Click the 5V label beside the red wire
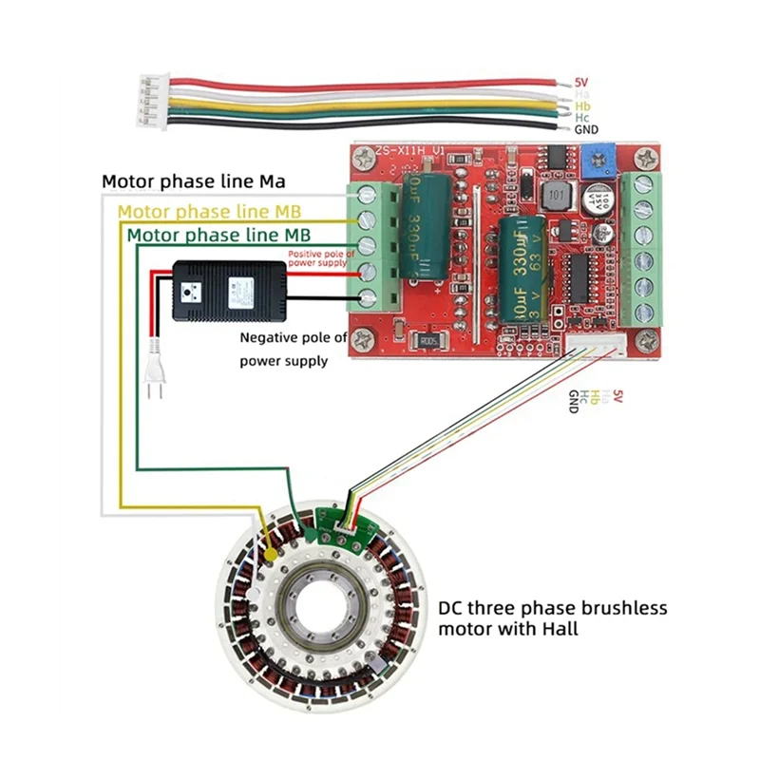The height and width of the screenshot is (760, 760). coord(581,83)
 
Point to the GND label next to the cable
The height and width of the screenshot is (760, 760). coord(586,128)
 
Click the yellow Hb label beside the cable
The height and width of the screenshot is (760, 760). coord(582,105)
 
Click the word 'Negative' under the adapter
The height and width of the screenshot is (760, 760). coord(272,337)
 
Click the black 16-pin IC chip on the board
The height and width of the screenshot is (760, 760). coord(579,275)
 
